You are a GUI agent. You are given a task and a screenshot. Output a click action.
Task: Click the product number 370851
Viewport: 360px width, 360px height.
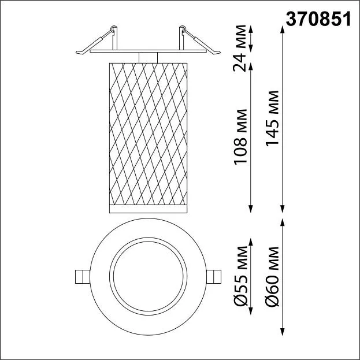tap(318, 19)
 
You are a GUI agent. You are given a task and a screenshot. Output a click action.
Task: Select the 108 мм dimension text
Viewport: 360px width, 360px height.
tap(240, 137)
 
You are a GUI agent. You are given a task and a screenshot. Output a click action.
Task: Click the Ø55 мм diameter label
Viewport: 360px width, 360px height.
tap(240, 276)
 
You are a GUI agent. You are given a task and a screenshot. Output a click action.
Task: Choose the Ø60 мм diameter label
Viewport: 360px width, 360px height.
tap(272, 276)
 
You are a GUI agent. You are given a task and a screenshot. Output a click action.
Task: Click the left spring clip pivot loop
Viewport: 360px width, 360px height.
tap(113, 29)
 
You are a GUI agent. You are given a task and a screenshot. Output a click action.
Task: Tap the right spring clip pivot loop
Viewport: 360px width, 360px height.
tap(183, 28)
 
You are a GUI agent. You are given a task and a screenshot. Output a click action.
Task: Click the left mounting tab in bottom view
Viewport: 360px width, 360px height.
tap(83, 277)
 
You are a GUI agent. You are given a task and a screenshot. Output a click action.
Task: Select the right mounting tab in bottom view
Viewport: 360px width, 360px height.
tap(214, 277)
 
